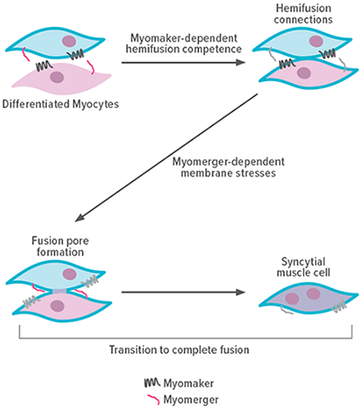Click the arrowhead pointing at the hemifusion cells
[245, 62]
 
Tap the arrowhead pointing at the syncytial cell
[245, 292]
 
